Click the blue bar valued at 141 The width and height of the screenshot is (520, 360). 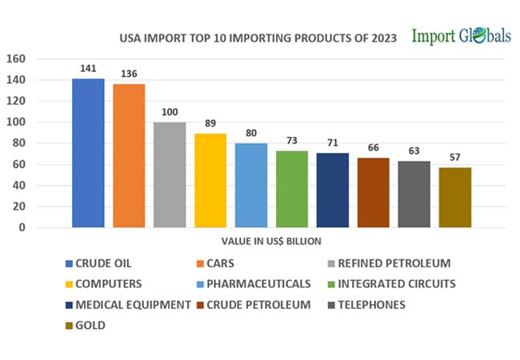point(88,153)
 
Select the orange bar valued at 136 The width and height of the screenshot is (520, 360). point(129,155)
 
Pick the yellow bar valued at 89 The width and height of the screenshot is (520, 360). point(210,180)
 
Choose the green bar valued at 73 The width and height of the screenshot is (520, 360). point(292,189)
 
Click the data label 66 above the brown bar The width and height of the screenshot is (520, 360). point(373,148)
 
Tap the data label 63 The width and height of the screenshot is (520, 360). point(414,151)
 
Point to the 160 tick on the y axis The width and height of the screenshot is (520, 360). point(17,59)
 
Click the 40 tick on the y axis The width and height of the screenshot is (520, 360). point(19,186)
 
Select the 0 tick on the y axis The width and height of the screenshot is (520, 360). point(22,228)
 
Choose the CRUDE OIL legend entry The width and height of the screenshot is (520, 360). point(101,263)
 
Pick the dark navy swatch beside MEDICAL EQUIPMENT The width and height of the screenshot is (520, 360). point(69,305)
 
